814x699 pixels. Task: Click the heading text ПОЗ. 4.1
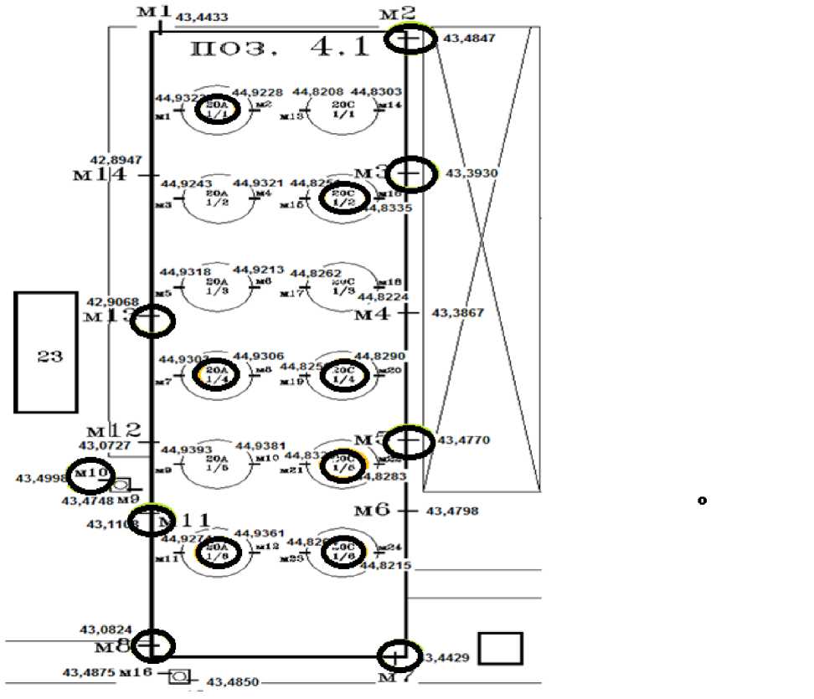[280, 48]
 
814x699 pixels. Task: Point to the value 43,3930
[472, 173]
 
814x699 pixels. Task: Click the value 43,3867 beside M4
[458, 313]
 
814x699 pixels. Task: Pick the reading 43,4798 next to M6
[453, 511]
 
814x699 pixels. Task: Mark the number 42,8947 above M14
[116, 160]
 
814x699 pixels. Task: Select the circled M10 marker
[90, 474]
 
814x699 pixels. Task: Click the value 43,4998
[41, 479]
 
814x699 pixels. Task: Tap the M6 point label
[373, 511]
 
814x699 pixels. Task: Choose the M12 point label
[114, 431]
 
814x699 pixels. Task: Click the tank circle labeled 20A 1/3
[217, 287]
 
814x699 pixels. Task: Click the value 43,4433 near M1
[202, 18]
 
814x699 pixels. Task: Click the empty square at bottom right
[501, 648]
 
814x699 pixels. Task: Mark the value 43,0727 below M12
[105, 446]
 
